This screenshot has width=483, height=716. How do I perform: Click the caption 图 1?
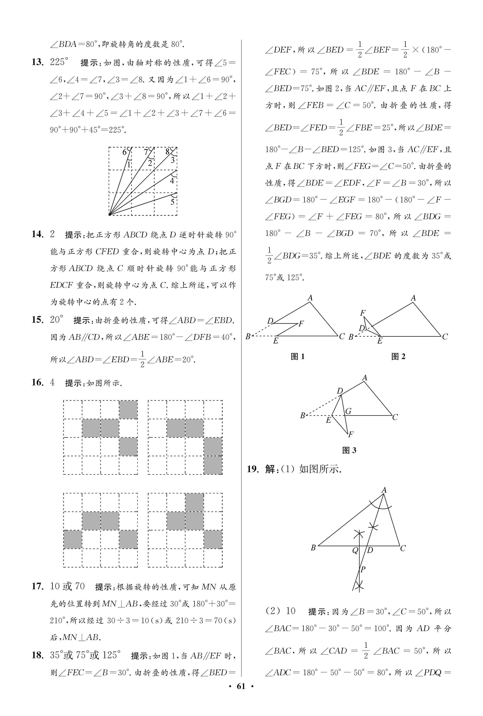(x=298, y=357)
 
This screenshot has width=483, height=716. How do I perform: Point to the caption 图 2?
(x=398, y=357)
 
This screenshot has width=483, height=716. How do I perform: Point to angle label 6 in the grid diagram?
(x=125, y=152)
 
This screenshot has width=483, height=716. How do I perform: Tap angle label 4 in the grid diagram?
(x=172, y=181)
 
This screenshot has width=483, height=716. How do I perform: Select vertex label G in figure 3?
(x=348, y=411)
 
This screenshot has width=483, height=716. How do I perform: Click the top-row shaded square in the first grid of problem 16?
(x=128, y=410)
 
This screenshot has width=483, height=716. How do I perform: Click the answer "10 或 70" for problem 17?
(x=67, y=586)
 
